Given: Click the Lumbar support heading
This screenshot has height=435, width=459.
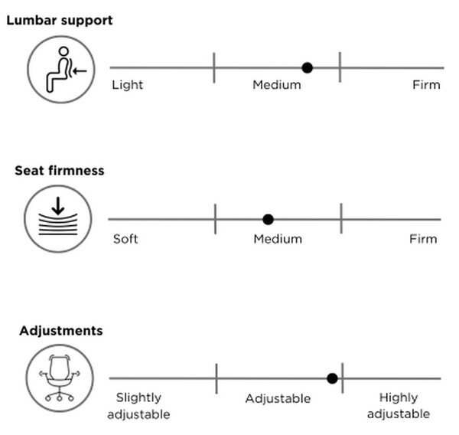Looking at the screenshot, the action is point(60,21).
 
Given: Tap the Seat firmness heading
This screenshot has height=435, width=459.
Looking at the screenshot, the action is point(60,171).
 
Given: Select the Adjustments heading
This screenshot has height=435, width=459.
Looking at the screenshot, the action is point(61,332).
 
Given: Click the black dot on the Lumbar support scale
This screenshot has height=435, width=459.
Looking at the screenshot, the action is point(307,68).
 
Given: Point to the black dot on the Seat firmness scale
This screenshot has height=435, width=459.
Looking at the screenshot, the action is point(269,219).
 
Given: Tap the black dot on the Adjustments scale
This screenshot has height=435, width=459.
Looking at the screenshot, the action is point(332,378).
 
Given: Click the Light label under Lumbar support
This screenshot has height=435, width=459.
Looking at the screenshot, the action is point(128,85).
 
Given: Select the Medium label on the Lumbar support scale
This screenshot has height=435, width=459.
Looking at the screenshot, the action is point(277,85).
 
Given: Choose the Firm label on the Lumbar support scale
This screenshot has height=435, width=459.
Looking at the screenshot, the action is point(426,85).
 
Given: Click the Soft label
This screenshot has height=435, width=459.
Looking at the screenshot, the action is point(125,239).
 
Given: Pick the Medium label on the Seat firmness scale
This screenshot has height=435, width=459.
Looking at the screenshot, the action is point(278,239).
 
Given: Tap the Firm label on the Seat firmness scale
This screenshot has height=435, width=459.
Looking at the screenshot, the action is point(423,239).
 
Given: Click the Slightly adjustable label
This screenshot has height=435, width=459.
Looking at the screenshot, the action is point(138,406).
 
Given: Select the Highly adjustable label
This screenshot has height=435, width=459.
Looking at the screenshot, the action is point(399,406).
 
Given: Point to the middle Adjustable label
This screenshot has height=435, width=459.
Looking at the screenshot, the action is point(278,399).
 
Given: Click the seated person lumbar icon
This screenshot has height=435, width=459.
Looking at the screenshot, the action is point(61,70).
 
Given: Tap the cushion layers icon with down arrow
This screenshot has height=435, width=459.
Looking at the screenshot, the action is point(58,219).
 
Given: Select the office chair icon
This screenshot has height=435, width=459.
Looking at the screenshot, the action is point(60,378).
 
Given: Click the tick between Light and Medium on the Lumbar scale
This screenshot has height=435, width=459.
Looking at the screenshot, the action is point(214,67).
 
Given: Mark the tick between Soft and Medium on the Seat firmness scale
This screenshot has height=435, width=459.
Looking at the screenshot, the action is point(216,219).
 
